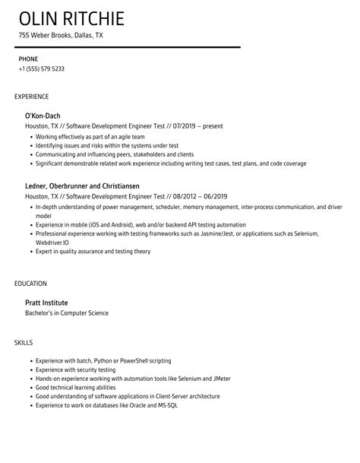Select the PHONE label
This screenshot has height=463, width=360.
pos(28,59)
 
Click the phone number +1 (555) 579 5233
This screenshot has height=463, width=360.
pos(42,68)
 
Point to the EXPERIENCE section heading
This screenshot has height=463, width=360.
pos(31,97)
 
